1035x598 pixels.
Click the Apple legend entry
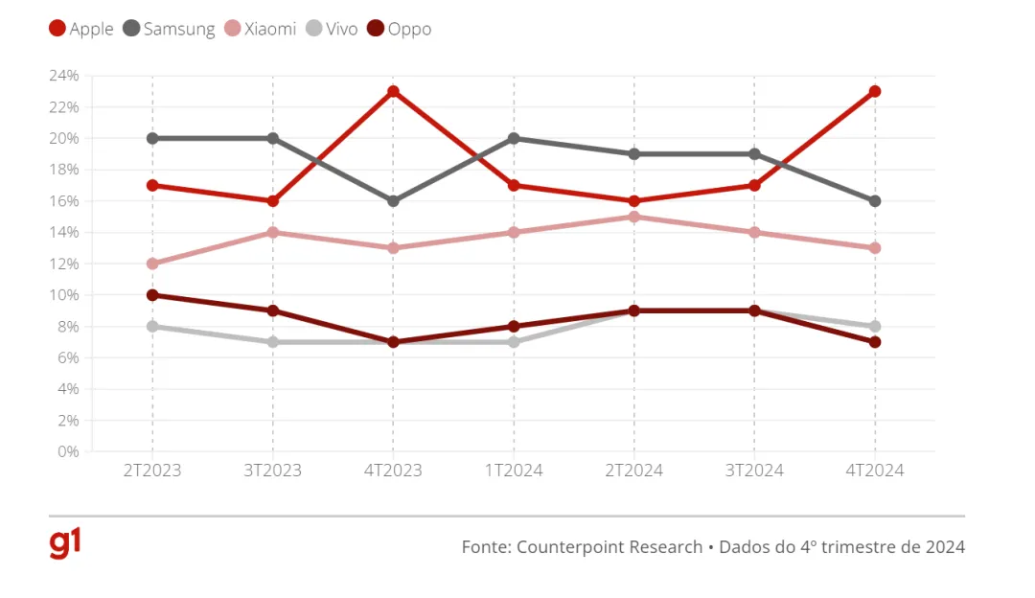click(x=82, y=29)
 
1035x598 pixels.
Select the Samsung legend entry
click(x=170, y=29)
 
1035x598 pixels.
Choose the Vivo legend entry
click(x=332, y=29)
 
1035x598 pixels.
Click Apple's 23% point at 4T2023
click(x=393, y=92)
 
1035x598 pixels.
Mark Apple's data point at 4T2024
click(x=875, y=92)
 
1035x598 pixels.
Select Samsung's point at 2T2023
click(x=152, y=138)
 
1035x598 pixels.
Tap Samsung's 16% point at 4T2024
click(x=875, y=201)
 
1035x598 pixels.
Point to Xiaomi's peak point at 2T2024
click(x=633, y=217)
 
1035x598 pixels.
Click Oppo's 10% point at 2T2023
click(x=152, y=295)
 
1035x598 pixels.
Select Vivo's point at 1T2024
click(x=514, y=342)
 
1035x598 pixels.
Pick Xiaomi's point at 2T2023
click(x=152, y=264)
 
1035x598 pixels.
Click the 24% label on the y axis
click(x=64, y=76)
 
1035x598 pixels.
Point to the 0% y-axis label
click(x=68, y=451)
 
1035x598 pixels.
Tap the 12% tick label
click(x=64, y=264)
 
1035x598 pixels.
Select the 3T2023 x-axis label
click(x=273, y=471)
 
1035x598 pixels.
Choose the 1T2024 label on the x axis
click(x=514, y=471)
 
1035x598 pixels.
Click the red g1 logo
click(x=65, y=543)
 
